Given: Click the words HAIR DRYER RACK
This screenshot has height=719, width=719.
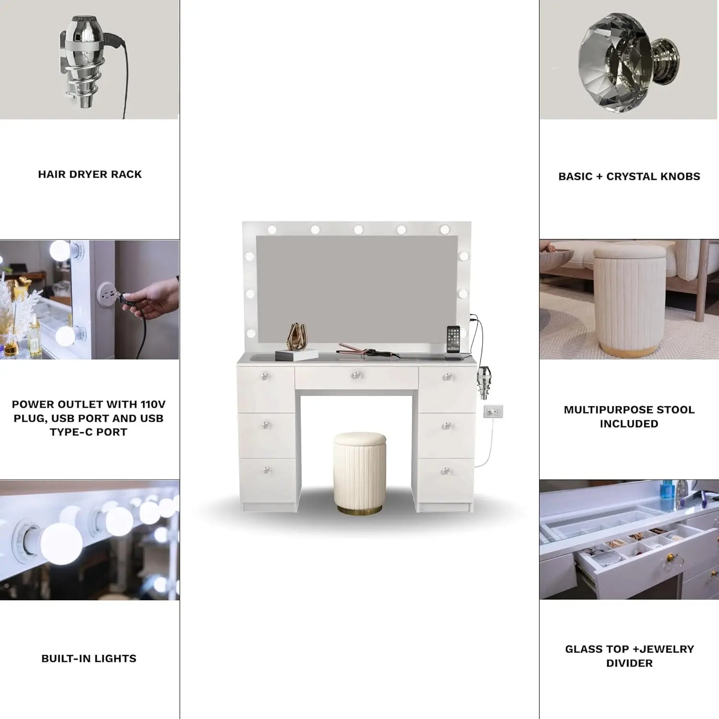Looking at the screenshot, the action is pos(90,174).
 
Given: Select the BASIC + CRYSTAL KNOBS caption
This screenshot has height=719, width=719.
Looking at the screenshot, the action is pos(629,176).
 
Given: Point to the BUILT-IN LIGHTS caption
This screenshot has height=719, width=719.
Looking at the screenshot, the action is pos(89,659).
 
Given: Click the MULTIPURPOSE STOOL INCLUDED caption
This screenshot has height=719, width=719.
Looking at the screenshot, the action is pos(629,417).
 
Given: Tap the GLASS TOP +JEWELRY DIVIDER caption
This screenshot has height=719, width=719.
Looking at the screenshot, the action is pos(629,656).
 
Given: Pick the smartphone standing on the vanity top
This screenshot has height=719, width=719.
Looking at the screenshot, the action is pos(453,339).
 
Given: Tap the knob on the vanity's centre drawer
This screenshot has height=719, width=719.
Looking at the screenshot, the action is pos(356,375).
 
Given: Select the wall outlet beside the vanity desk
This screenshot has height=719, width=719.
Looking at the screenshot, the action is pos(493,411).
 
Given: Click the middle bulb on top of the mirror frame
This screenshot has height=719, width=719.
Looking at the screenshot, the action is pos(358,230).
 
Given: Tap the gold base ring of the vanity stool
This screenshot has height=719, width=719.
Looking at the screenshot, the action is pos(359,509).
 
